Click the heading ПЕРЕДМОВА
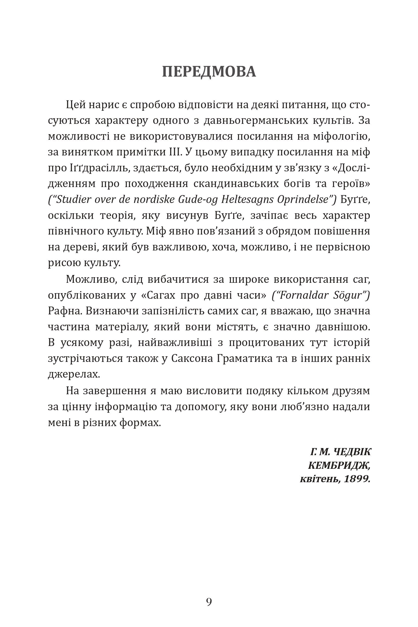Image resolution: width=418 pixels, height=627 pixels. [x=209, y=72]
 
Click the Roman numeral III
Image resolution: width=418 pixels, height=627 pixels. [x=175, y=152]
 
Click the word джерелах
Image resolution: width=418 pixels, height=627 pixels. [x=74, y=374]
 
